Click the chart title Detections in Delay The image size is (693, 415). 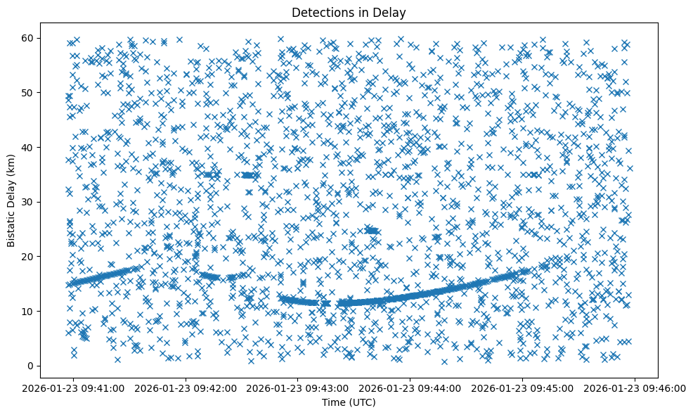[349, 12]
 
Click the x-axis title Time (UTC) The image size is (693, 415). [349, 402]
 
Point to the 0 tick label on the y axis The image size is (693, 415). [31, 366]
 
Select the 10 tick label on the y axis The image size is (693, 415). [28, 311]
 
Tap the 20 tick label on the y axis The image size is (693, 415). [28, 257]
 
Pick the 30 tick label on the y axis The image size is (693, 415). [28, 202]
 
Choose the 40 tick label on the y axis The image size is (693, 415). [28, 147]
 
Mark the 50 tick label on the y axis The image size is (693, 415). [28, 93]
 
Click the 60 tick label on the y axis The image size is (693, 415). [28, 38]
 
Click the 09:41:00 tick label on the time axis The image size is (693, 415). [74, 388]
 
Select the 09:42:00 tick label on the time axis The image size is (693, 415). [186, 388]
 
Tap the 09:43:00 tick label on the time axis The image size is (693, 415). [298, 388]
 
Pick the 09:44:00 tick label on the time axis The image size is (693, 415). [410, 388]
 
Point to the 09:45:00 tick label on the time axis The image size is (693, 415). [522, 388]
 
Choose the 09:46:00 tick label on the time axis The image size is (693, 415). [635, 388]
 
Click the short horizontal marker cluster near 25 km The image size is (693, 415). [372, 230]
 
